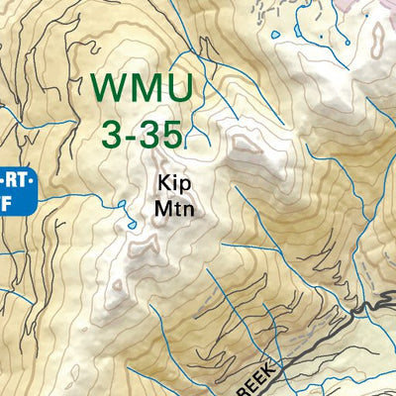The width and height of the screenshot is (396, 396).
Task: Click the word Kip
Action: (x=171, y=184)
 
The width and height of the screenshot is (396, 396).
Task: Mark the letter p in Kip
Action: (x=182, y=186)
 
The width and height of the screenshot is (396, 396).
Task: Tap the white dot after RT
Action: (x=32, y=178)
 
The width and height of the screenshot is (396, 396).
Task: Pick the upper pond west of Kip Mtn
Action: (x=121, y=207)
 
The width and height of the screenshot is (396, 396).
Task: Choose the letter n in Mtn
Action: (x=186, y=210)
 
